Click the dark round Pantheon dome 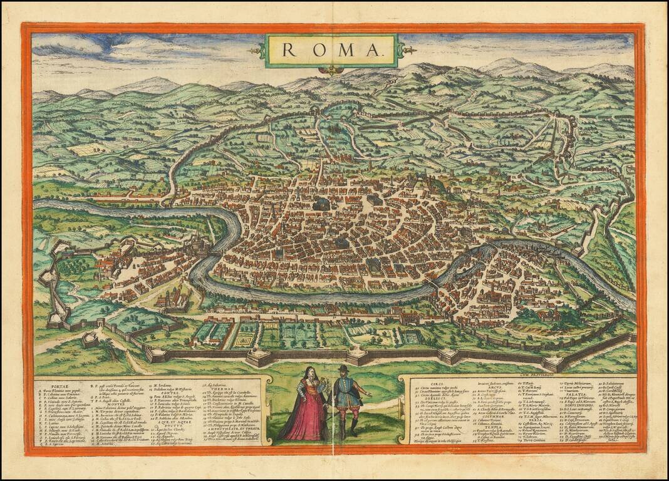323,204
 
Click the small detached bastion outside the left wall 90,339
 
